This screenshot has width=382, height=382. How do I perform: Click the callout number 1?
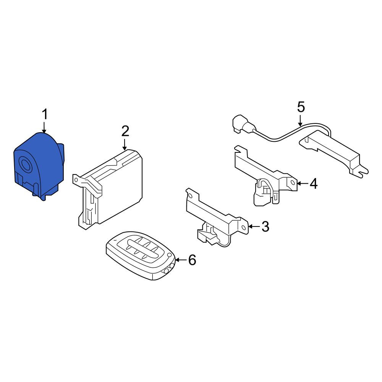click(x=45, y=115)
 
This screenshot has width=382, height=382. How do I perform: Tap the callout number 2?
click(x=125, y=131)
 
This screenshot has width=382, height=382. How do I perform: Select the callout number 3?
click(x=265, y=226)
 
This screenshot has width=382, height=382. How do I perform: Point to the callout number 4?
click(x=314, y=183)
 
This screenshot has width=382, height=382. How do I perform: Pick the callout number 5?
click(x=301, y=107)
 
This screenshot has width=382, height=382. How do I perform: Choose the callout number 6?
click(x=192, y=260)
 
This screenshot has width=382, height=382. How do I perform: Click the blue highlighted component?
click(x=39, y=166)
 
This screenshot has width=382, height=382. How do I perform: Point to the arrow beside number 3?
click(x=254, y=227)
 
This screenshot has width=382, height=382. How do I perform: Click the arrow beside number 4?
click(x=303, y=183)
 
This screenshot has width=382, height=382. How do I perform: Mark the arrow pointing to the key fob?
click(x=181, y=260)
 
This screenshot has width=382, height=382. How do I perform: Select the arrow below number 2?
click(x=125, y=144)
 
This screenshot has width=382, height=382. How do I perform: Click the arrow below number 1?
click(x=44, y=128)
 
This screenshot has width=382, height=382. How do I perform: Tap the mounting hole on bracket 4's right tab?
click(x=293, y=183)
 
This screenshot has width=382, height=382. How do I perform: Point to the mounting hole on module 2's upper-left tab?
click(x=76, y=180)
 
